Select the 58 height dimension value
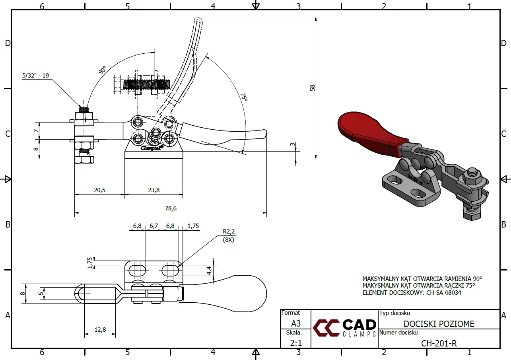click(313, 88)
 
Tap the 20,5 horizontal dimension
click(99, 190)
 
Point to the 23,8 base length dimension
click(153, 190)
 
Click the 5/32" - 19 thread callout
click(36, 75)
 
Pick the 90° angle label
click(103, 71)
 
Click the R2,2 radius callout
click(229, 231)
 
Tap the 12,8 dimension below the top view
click(100, 329)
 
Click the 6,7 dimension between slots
click(153, 226)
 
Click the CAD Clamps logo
click(344, 327)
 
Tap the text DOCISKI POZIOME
click(439, 324)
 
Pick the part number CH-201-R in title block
click(439, 343)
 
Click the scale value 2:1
click(295, 342)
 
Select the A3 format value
click(295, 323)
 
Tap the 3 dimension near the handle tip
click(293, 144)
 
